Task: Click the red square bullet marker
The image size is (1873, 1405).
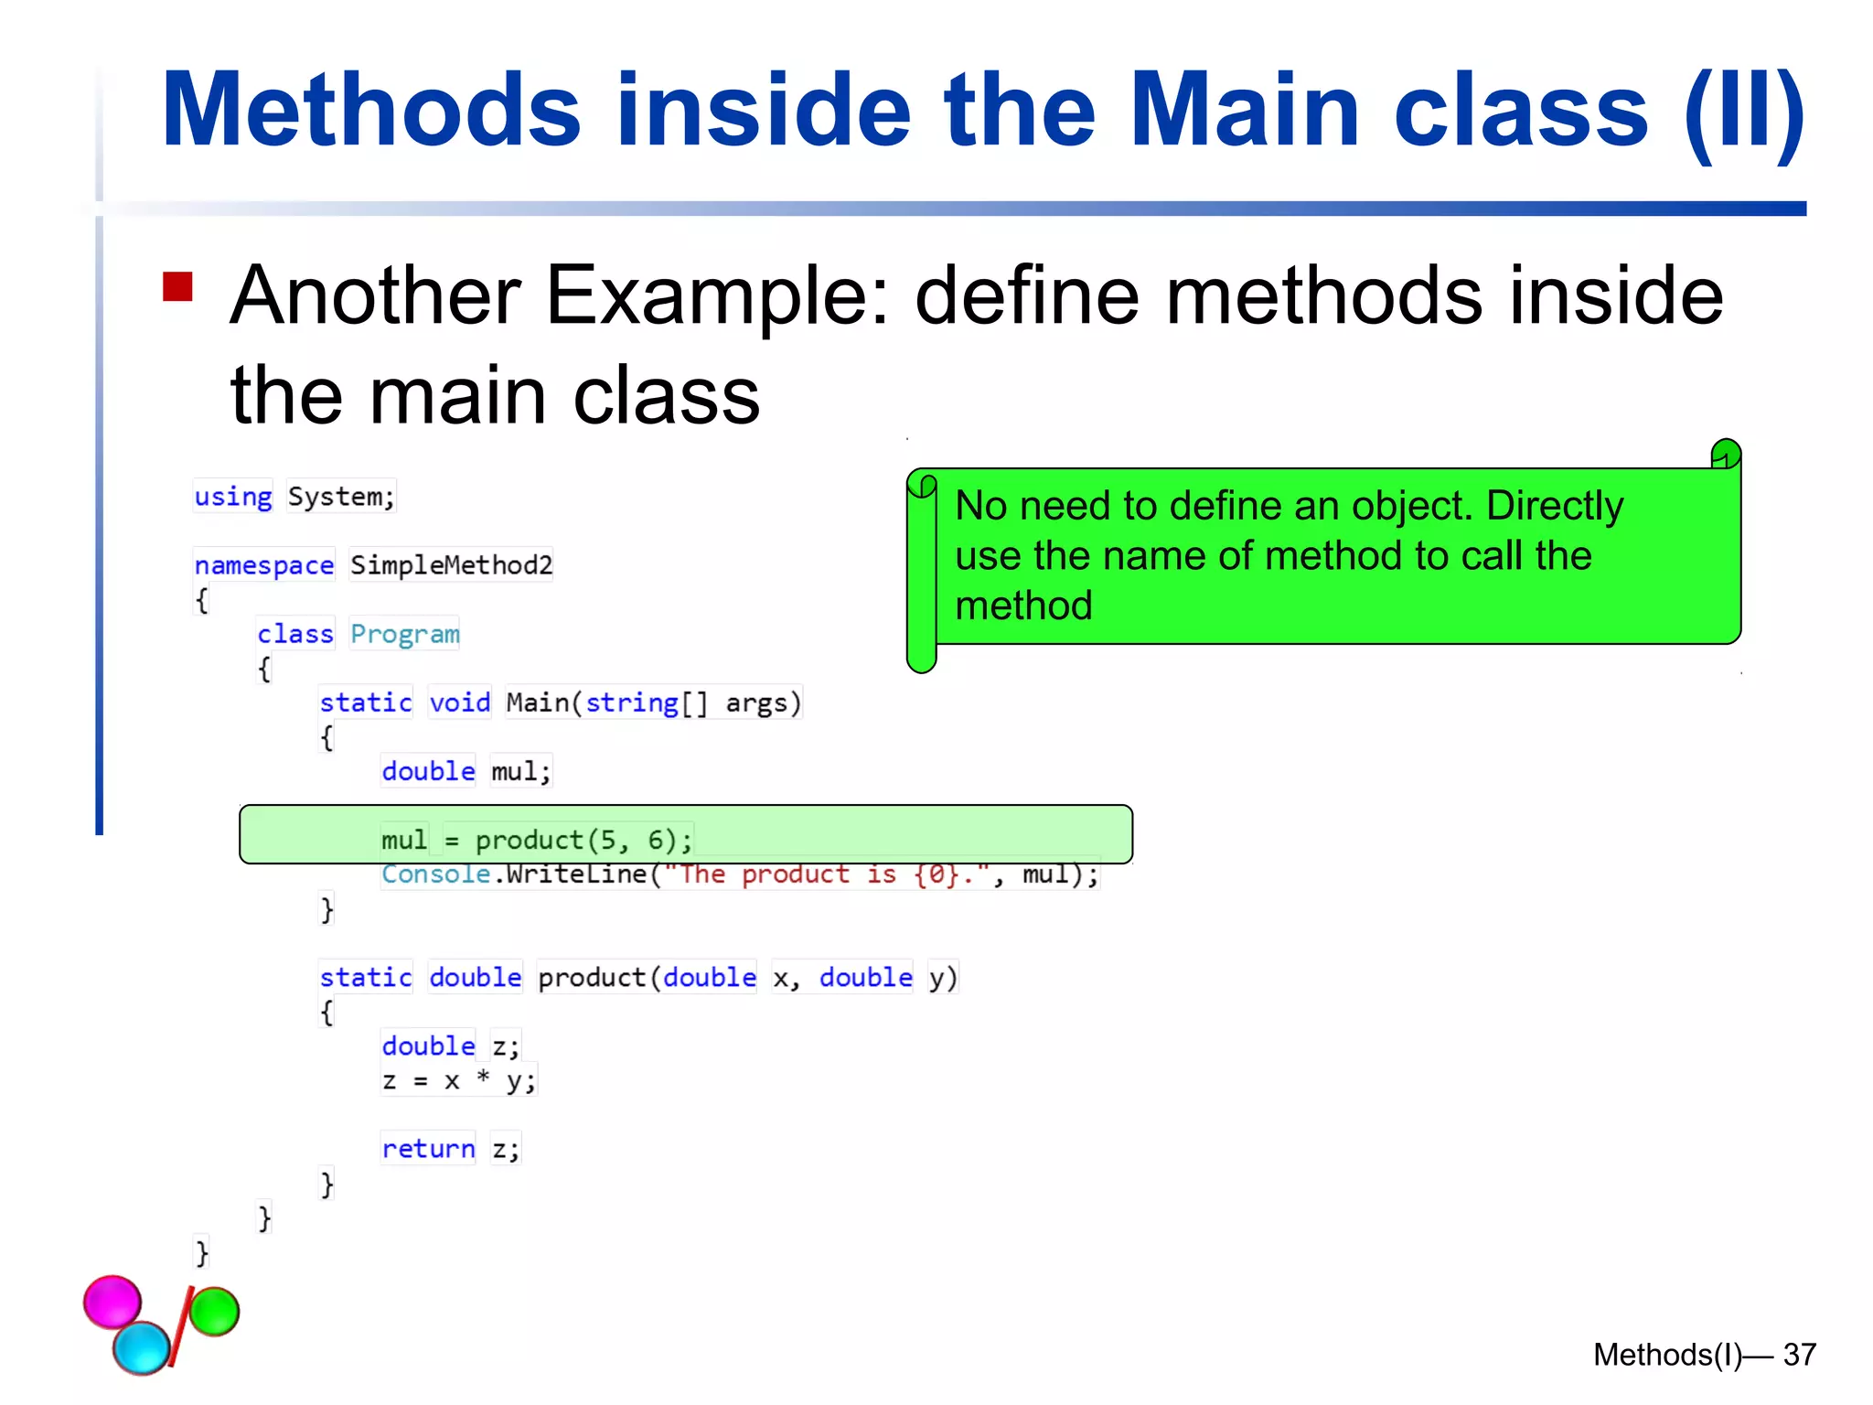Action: click(177, 286)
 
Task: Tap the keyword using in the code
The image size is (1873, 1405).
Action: click(233, 497)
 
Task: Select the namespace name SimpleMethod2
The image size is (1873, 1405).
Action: click(451, 565)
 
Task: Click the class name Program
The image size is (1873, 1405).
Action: click(404, 634)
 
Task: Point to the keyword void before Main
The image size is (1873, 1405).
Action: click(460, 702)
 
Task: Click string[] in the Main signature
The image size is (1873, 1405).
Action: click(646, 702)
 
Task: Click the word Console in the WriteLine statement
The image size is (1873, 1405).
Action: click(435, 874)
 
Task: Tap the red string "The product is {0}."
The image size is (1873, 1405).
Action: click(827, 874)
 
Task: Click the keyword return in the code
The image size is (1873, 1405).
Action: click(428, 1149)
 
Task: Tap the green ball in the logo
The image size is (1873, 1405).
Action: click(215, 1311)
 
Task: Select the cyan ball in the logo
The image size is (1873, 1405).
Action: click(142, 1347)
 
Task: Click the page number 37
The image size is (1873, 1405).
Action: click(1799, 1355)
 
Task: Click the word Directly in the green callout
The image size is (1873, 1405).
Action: click(1554, 506)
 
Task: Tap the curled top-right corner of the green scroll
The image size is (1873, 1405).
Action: click(1726, 454)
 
